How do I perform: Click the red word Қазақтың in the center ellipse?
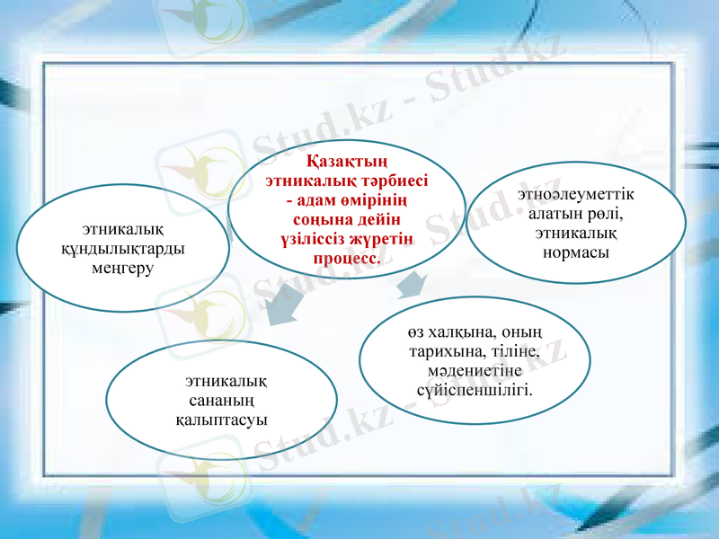click(x=347, y=163)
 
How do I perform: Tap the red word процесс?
click(x=347, y=259)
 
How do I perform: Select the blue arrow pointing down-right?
click(x=412, y=285)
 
